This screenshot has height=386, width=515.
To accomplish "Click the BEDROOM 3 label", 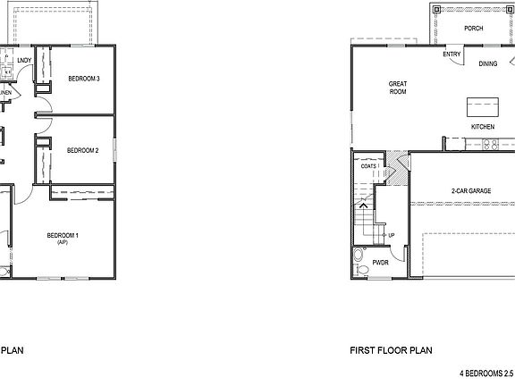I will click(83, 79).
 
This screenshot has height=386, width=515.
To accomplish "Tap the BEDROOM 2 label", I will click(82, 150).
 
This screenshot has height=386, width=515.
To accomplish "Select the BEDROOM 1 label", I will click(63, 235).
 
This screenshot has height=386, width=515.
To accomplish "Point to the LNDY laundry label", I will click(24, 61).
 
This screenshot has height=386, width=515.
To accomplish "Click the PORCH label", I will click(473, 29).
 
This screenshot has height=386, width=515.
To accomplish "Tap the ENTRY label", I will click(452, 54).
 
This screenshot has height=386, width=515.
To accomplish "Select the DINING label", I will click(487, 63).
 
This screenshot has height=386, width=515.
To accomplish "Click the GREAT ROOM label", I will click(397, 88).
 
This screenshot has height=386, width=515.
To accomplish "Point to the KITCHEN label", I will click(483, 127).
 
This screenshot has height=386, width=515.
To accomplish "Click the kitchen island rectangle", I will click(481, 106).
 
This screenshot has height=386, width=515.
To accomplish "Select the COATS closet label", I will click(369, 166).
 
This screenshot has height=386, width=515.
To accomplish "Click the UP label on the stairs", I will click(392, 235).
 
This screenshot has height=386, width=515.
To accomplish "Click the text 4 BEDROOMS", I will click(480, 373).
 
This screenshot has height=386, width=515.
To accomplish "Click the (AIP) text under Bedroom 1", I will click(63, 243).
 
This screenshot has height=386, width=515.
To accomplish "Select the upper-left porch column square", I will click(435, 8).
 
